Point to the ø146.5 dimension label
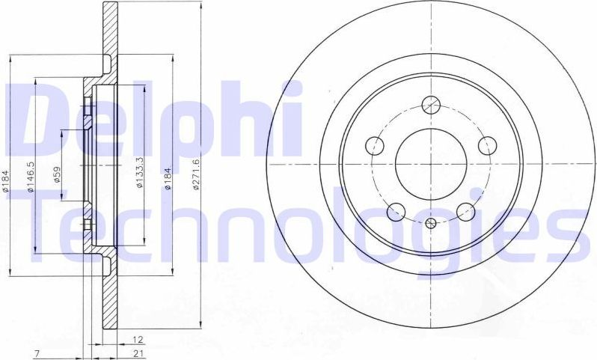click(31, 177)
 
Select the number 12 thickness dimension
click(138, 340)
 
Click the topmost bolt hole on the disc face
click(430, 104)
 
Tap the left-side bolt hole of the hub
click(374, 144)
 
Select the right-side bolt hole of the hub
click(487, 144)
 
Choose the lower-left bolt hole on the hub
click(396, 212)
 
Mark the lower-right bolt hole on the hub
click(466, 212)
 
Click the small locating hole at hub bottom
click(430, 223)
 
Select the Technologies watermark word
click(299, 225)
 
